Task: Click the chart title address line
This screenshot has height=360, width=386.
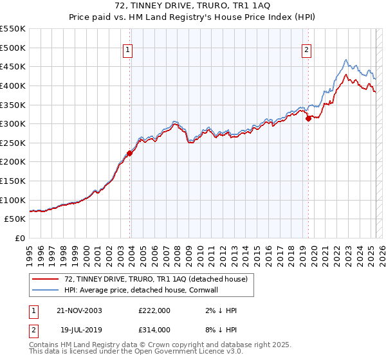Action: [x=193, y=6]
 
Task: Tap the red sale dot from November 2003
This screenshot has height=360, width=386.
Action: [x=129, y=153]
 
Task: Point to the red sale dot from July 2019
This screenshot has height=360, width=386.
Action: [x=308, y=118]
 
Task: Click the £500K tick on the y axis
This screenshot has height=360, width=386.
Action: [x=13, y=48]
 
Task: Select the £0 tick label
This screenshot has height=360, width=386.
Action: [x=19, y=238]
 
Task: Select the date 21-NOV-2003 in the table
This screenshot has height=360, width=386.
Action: [x=78, y=311]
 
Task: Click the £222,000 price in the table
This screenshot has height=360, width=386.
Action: [x=154, y=311]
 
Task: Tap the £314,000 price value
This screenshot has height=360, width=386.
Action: [x=154, y=329]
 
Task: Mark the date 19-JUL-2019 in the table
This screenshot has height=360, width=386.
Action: [x=78, y=329]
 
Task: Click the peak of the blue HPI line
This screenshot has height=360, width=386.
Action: [x=345, y=60]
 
